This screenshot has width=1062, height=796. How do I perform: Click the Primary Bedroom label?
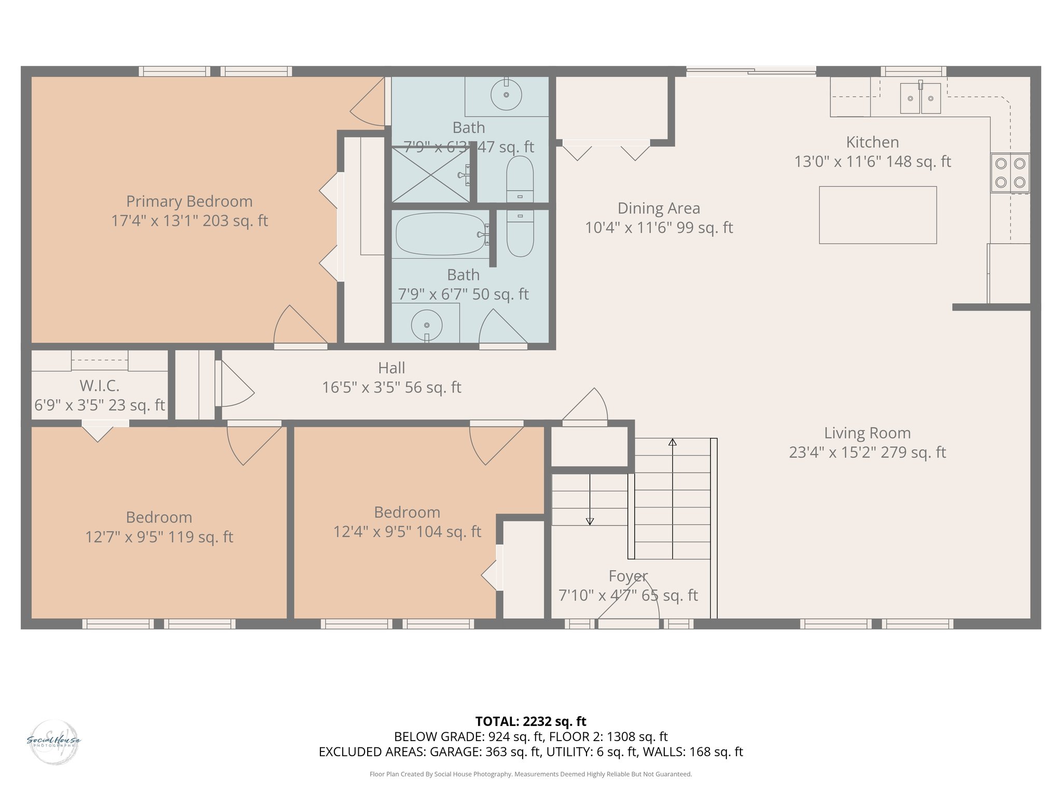(189, 201)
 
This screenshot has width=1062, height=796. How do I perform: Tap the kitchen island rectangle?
(877, 215)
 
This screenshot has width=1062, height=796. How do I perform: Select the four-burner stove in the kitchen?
(1010, 173)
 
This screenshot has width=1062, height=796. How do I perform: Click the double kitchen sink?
(920, 98)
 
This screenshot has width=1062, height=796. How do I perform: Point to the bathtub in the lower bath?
(440, 234)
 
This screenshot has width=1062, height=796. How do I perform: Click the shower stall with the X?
(430, 175)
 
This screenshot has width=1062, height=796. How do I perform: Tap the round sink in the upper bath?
(506, 95)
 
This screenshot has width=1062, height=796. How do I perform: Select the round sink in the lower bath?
(426, 325)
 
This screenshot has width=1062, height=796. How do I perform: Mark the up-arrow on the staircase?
(672, 442)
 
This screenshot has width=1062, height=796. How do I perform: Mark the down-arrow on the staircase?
(590, 521)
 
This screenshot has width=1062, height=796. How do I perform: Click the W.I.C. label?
(100, 386)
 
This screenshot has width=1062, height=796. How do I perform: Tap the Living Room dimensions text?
(867, 452)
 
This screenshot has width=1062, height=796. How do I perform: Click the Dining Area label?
(659, 208)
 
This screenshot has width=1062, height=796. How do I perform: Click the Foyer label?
(628, 576)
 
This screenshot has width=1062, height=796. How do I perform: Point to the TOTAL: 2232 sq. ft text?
(530, 721)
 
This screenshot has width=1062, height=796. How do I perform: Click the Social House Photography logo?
(53, 742)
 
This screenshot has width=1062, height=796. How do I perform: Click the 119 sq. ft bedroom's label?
(159, 517)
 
